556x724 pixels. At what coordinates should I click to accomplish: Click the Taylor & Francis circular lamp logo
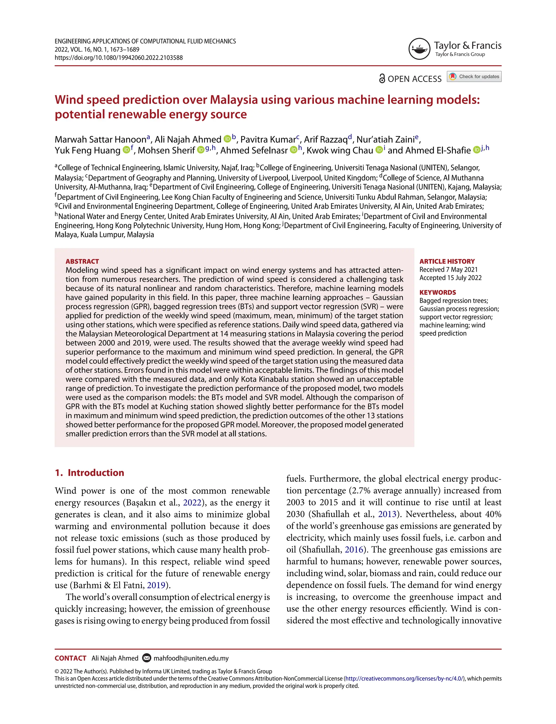pos(419,49)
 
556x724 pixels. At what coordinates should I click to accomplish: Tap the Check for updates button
pos(474,77)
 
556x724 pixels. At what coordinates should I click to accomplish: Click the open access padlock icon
pos(382,79)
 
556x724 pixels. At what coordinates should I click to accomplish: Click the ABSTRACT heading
pos(82,261)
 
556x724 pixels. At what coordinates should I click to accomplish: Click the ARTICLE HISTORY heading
pos(447,261)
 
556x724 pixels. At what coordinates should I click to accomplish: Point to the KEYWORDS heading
pos(438,293)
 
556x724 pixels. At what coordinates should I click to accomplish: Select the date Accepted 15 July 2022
pos(450,278)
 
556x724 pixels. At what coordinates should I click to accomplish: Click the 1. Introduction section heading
pos(89,473)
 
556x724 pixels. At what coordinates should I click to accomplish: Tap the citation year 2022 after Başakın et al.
pos(192,503)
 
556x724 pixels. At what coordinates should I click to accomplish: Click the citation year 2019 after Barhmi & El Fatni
pos(156,585)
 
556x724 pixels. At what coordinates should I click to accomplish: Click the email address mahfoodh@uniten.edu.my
pos(191,659)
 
